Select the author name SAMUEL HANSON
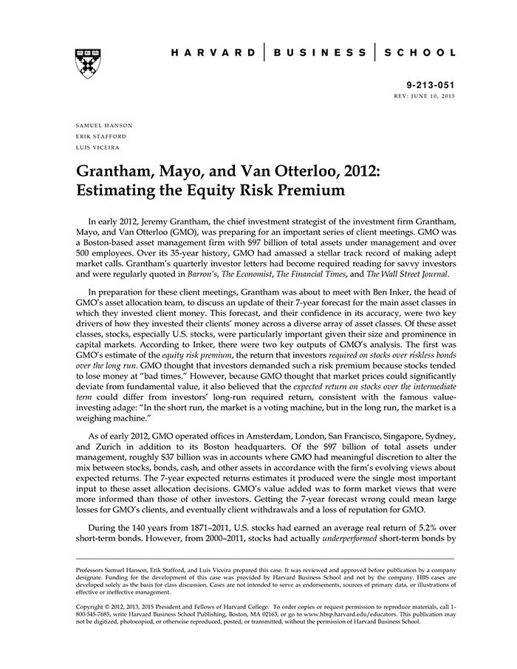coord(100,126)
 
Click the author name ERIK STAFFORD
coord(100,137)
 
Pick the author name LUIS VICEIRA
coord(97,147)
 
